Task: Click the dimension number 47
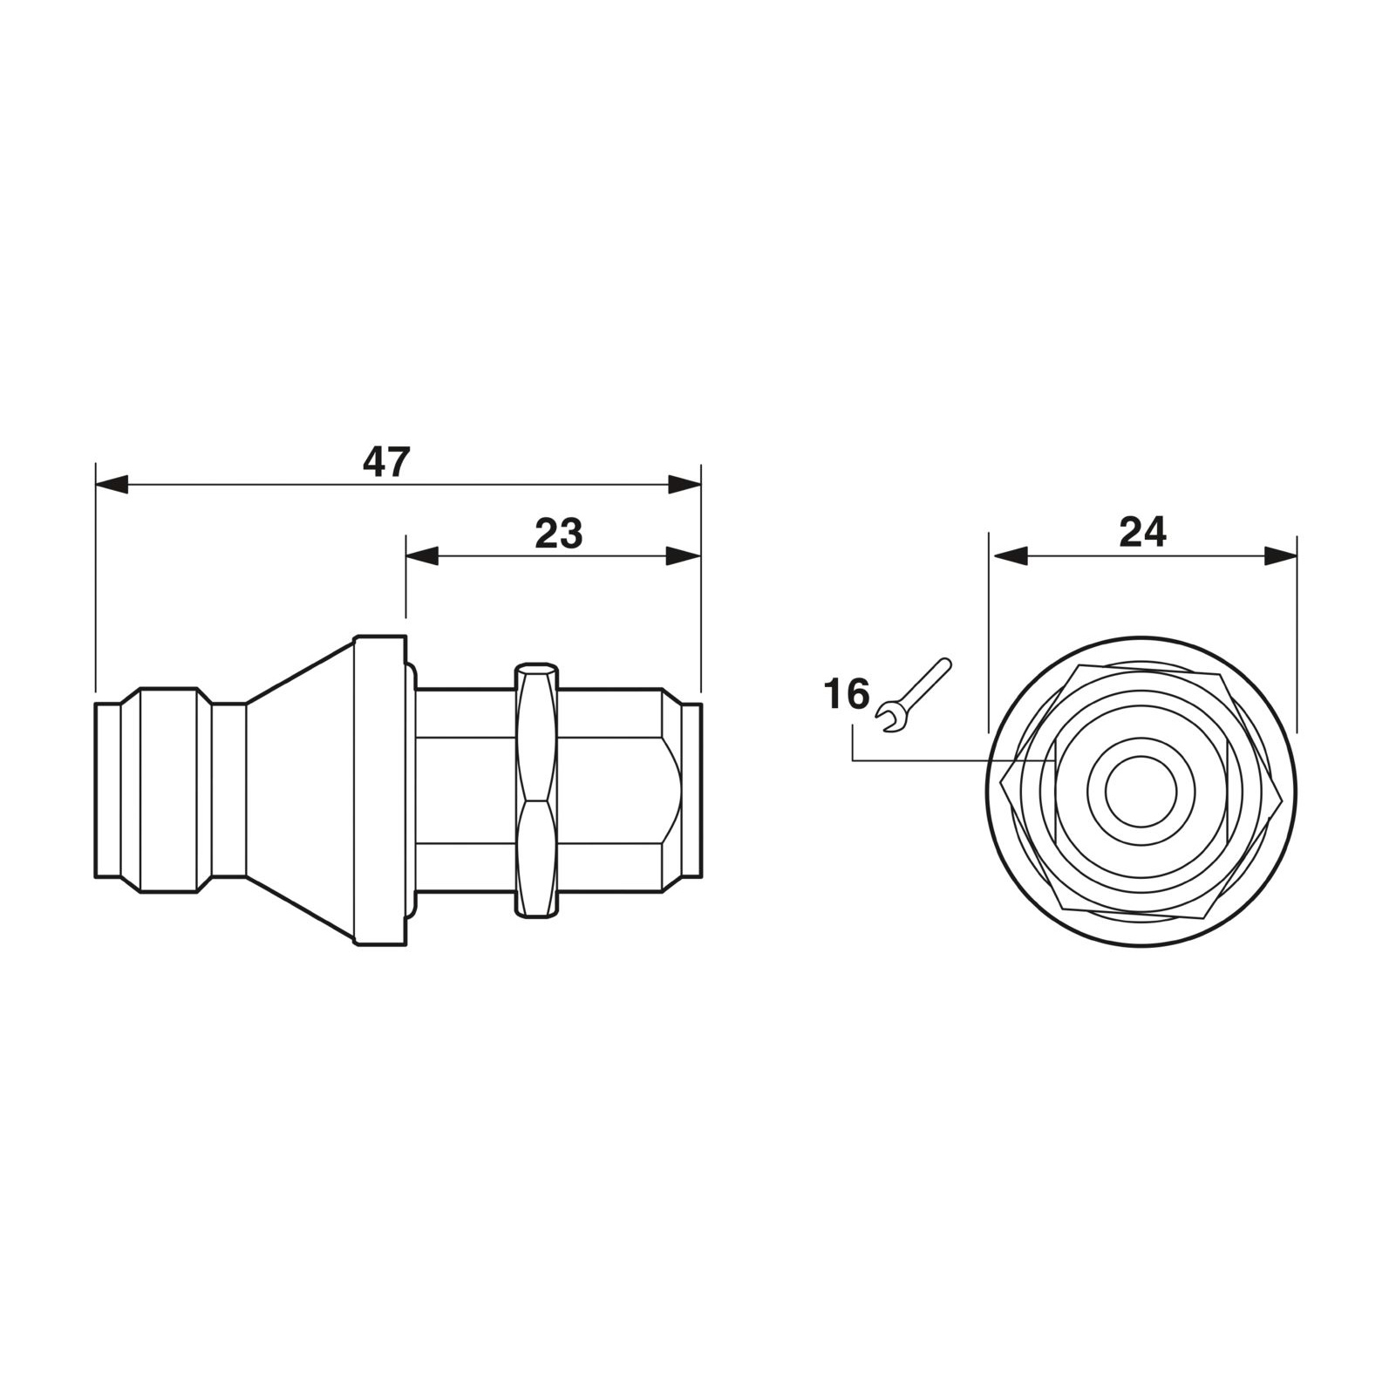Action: [385, 461]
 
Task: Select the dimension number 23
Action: [558, 534]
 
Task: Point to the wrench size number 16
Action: [847, 695]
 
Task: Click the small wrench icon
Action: [916, 694]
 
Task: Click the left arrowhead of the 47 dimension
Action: [112, 485]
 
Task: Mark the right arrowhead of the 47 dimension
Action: [684, 485]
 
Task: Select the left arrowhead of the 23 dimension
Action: [422, 556]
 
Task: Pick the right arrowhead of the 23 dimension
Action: [684, 556]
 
